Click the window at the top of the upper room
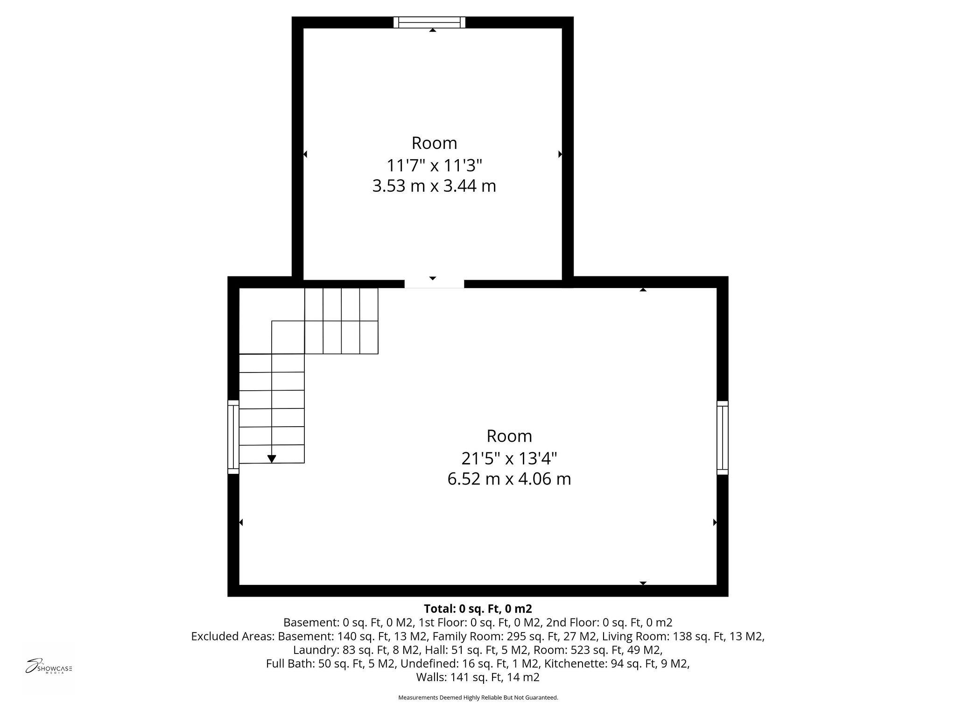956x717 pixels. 429,22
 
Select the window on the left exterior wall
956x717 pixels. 233,437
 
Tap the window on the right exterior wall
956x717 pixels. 722,437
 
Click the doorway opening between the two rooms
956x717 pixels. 434,284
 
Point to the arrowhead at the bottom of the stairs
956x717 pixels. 272,459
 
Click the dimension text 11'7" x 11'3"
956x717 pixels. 434,165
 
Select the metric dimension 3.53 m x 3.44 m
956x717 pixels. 434,186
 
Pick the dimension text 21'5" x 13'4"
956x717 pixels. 509,459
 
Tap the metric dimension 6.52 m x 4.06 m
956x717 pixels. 509,479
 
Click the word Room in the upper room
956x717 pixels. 434,143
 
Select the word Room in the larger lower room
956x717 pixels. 509,436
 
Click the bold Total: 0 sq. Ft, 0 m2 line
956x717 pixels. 478,609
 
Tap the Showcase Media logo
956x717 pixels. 49,667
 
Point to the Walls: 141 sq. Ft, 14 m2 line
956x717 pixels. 478,677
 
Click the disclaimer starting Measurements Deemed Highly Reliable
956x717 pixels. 478,698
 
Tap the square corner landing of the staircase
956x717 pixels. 288,337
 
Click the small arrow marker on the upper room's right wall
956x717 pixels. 560,154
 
